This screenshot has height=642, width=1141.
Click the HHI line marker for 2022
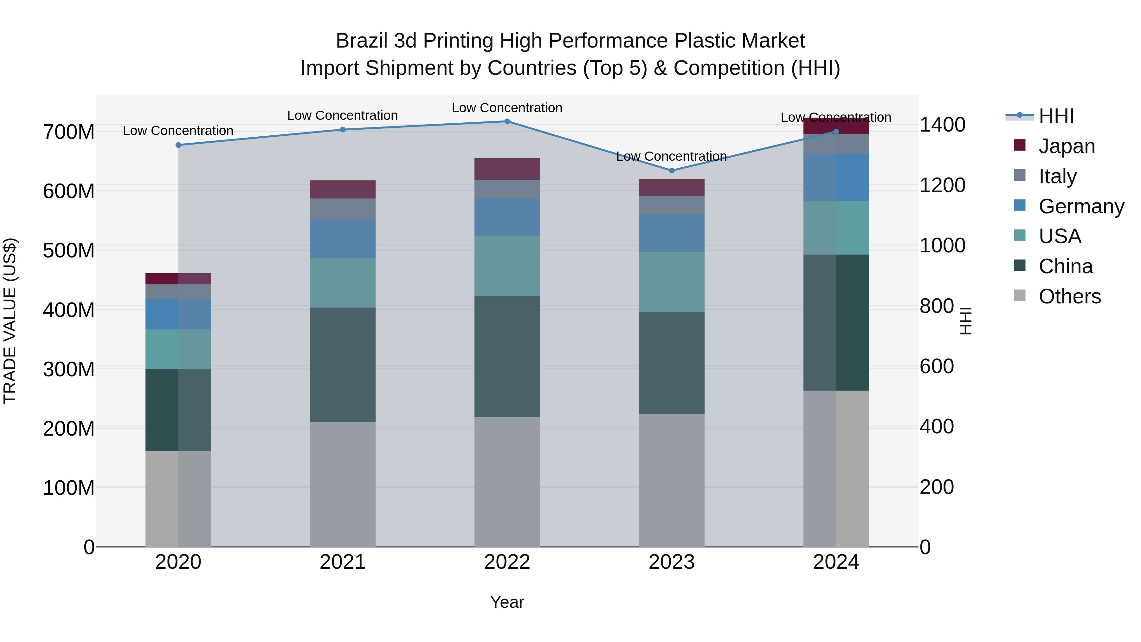pyautogui.click(x=507, y=121)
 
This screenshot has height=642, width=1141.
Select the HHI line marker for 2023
pyautogui.click(x=672, y=171)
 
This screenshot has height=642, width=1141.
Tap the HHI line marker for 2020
pyautogui.click(x=178, y=145)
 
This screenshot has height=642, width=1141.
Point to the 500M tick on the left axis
pyautogui.click(x=69, y=251)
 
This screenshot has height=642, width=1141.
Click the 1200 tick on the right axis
pyautogui.click(x=942, y=185)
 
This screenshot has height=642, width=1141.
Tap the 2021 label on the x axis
pyautogui.click(x=342, y=562)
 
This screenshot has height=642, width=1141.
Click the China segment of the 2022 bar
pyautogui.click(x=507, y=357)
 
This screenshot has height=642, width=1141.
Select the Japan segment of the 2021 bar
pyautogui.click(x=342, y=189)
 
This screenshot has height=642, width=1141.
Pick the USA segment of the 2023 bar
pyautogui.click(x=672, y=282)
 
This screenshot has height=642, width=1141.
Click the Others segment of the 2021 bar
pyautogui.click(x=342, y=484)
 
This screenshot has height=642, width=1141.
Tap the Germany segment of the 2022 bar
pyautogui.click(x=507, y=217)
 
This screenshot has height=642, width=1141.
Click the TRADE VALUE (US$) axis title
pyautogui.click(x=10, y=321)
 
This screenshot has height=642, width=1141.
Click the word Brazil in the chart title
pyautogui.click(x=361, y=41)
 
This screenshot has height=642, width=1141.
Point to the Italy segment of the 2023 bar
pyautogui.click(x=672, y=205)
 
